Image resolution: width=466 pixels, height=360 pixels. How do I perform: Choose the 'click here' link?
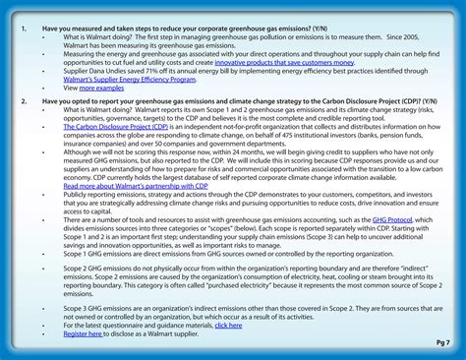coord(227,325)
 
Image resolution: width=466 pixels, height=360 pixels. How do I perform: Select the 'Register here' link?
coord(83,333)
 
